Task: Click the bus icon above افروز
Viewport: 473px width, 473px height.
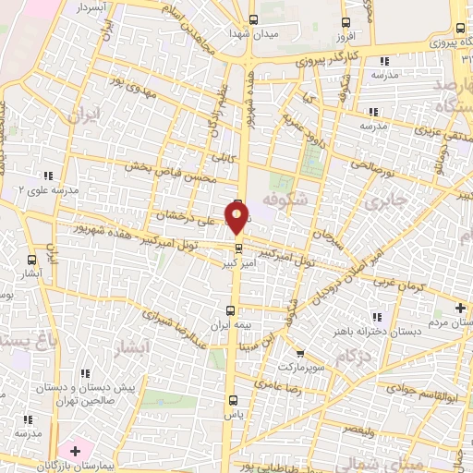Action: (346, 23)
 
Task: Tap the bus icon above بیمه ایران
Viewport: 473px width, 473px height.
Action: (233, 310)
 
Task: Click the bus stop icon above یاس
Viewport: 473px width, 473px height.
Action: (232, 400)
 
